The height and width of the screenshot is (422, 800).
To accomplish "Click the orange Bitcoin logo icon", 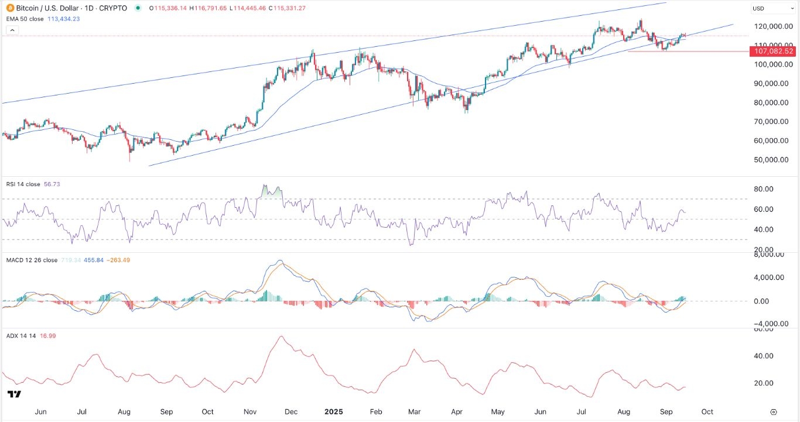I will point(9,8).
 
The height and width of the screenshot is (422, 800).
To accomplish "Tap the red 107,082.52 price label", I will point(774,52).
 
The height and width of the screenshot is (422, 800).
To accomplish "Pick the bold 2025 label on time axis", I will point(336,411).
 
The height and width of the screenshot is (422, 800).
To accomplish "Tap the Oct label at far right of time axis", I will point(707,411).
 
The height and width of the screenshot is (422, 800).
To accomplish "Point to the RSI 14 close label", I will point(24,184).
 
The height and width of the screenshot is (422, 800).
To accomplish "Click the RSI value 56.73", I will point(52,184).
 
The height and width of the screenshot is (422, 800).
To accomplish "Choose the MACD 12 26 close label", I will point(33,260).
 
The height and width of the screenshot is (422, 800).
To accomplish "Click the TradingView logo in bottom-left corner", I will point(15,394).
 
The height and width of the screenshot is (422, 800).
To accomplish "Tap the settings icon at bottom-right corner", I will point(774,411).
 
